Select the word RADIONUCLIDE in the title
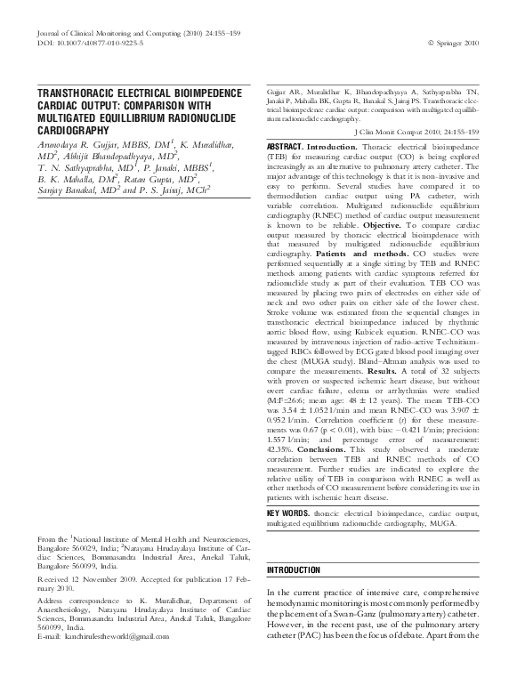point(192,114)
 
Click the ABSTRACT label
point(286,146)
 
